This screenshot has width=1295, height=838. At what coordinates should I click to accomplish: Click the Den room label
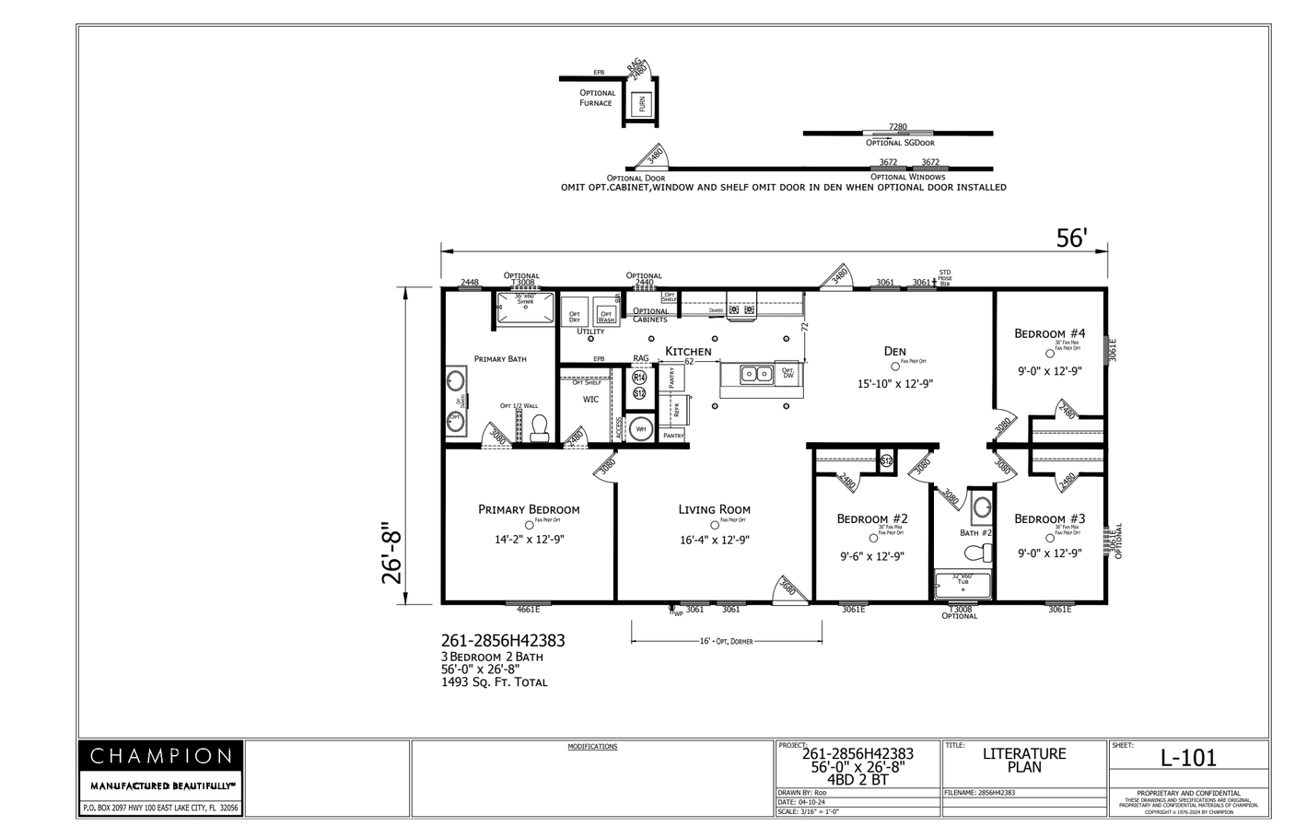[894, 351]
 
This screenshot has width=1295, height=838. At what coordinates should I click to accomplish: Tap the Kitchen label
[688, 351]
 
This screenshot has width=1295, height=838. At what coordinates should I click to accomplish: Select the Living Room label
[714, 509]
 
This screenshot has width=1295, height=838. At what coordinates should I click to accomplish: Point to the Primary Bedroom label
[529, 509]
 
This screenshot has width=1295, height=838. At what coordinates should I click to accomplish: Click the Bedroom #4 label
[1049, 333]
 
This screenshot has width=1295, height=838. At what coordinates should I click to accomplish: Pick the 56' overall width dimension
[1071, 238]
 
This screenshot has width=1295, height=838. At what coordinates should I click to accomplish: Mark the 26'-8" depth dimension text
[393, 552]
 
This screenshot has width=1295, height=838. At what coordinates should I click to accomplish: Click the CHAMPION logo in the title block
[160, 756]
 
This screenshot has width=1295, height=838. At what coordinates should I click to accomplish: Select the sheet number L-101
[1187, 758]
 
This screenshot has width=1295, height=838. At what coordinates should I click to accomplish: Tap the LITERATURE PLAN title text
[1023, 760]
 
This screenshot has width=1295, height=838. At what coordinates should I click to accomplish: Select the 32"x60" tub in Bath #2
[962, 586]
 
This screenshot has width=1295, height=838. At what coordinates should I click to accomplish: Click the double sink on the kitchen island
[757, 374]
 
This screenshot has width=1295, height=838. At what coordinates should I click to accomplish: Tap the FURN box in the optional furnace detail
[642, 104]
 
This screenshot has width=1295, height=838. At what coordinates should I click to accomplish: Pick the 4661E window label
[528, 609]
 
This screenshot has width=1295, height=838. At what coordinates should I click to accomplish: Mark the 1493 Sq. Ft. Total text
[494, 682]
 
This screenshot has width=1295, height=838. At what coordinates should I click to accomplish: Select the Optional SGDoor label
[899, 143]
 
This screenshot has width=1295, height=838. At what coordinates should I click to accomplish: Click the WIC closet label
[590, 400]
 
